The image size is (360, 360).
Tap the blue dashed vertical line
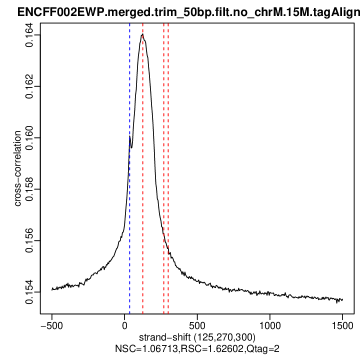pos(129,200)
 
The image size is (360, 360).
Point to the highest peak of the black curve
pos(142,34)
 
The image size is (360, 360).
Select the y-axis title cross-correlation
pos(17,168)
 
